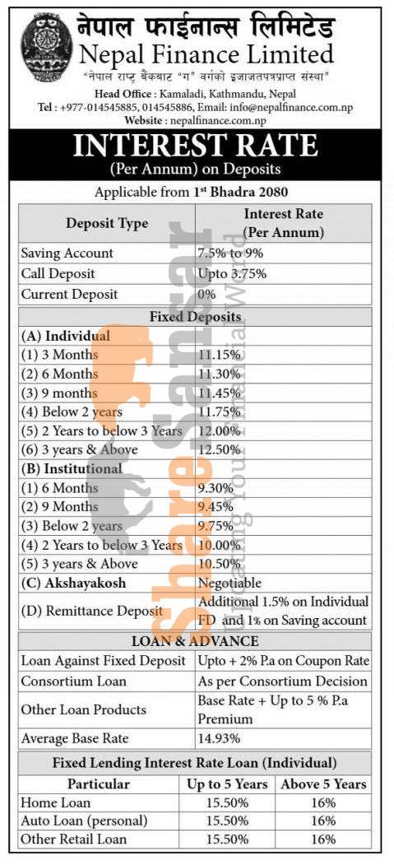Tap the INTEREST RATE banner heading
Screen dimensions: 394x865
[196, 146]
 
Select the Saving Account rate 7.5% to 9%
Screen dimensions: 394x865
[230, 253]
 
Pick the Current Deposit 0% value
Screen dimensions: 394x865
[206, 294]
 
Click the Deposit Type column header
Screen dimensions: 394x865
[107, 223]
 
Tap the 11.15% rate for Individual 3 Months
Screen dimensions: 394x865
[219, 355]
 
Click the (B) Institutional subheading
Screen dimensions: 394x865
[72, 468]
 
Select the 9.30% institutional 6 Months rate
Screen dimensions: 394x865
[216, 487]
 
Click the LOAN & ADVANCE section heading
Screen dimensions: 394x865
[196, 641]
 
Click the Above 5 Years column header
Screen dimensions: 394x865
[324, 784]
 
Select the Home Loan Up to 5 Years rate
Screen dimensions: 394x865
[227, 802]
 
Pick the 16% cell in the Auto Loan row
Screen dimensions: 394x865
[324, 821]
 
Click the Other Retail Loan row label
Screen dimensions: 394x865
[74, 839]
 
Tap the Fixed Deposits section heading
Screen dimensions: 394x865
[195, 316]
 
